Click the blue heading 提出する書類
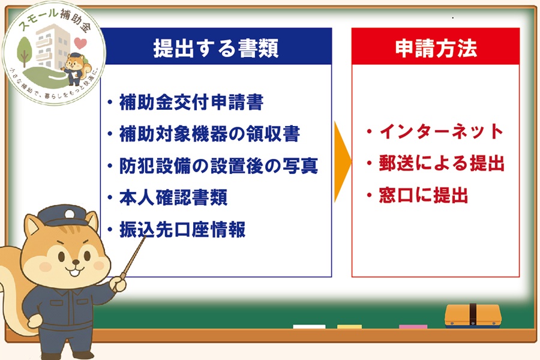[215, 48]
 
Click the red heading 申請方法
[436, 48]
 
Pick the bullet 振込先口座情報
[182, 230]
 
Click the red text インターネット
[441, 131]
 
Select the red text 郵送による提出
[441, 163]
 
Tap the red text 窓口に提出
[423, 196]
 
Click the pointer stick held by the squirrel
[134, 259]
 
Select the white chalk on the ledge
[309, 327]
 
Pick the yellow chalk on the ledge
[349, 327]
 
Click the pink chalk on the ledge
[413, 327]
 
